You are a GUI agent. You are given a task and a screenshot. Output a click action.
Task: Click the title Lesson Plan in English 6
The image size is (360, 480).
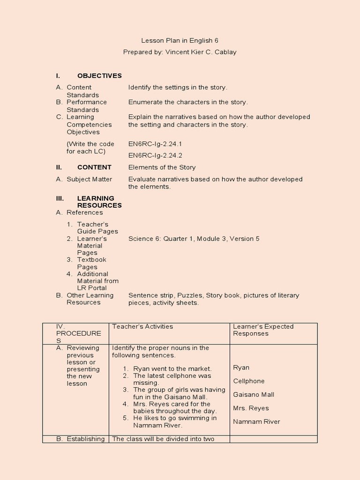[x=180, y=41]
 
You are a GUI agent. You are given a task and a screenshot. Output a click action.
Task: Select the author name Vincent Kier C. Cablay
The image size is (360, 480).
[x=201, y=52]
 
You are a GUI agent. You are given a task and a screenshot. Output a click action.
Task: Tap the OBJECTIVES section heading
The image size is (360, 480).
[x=99, y=75]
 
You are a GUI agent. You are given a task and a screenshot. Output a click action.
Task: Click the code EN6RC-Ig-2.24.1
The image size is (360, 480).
[x=155, y=144]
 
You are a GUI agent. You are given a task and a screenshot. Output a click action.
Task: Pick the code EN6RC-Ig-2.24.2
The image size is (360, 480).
[x=155, y=155]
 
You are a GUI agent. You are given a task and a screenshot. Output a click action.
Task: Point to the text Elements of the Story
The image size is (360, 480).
[x=162, y=167]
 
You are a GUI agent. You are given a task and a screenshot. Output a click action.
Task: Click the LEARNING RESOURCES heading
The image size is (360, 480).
[x=99, y=202]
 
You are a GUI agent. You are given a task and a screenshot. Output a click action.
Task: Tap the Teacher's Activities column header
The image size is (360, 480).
[x=142, y=327]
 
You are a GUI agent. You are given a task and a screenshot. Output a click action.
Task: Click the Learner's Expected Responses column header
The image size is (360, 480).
[x=263, y=330]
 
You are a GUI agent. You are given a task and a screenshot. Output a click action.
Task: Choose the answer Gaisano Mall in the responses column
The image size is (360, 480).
[x=254, y=395]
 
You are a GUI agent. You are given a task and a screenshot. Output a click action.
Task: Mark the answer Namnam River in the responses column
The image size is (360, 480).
[x=256, y=421]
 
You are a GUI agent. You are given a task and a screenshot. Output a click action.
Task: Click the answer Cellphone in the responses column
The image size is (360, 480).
[x=248, y=381]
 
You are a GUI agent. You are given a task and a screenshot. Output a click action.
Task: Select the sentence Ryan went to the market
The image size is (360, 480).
[x=172, y=369]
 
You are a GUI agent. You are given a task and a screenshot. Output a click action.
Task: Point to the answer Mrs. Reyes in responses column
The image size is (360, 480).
[x=251, y=408]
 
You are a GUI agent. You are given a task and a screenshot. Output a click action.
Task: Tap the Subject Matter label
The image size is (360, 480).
[x=89, y=179]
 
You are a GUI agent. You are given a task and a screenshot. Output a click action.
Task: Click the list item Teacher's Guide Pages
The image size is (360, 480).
[x=97, y=228]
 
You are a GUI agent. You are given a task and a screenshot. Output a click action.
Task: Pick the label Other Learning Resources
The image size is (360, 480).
[x=90, y=299]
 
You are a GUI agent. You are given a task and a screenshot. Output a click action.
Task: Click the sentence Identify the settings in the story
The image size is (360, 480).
[x=178, y=87]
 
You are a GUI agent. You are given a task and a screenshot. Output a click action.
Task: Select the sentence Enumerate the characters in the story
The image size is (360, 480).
[x=188, y=102]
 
